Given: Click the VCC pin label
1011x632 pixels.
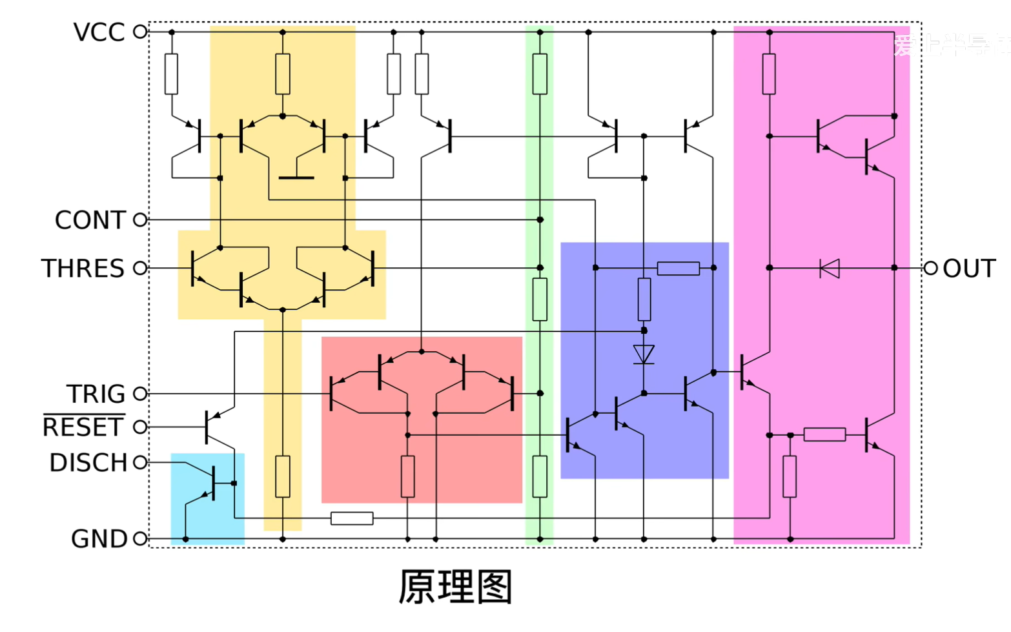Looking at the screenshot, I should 98,32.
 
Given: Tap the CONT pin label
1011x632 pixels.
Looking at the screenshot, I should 90,220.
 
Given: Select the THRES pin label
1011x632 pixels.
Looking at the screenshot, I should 83,269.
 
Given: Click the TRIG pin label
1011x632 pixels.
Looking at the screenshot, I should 96,394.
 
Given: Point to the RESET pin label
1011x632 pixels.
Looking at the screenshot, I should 83,427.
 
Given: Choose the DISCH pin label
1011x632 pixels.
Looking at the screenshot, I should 88,463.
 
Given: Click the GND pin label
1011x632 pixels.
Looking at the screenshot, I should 99,539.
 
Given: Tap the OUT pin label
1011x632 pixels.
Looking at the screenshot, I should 969,269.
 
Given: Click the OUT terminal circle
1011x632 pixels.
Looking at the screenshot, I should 930,268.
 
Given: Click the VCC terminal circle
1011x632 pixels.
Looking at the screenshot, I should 140,32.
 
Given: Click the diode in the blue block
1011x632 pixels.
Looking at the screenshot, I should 644,354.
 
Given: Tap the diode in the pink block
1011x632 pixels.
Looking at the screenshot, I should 830,268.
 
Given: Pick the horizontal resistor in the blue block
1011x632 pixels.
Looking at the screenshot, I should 678,268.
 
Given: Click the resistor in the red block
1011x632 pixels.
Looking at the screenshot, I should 407,476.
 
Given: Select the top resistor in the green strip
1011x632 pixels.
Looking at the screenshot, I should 540,74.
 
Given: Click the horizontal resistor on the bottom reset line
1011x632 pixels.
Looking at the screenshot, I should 352,518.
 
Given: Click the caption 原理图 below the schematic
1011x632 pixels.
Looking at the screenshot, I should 455,587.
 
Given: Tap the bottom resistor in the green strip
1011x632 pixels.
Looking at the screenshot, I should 540,476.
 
